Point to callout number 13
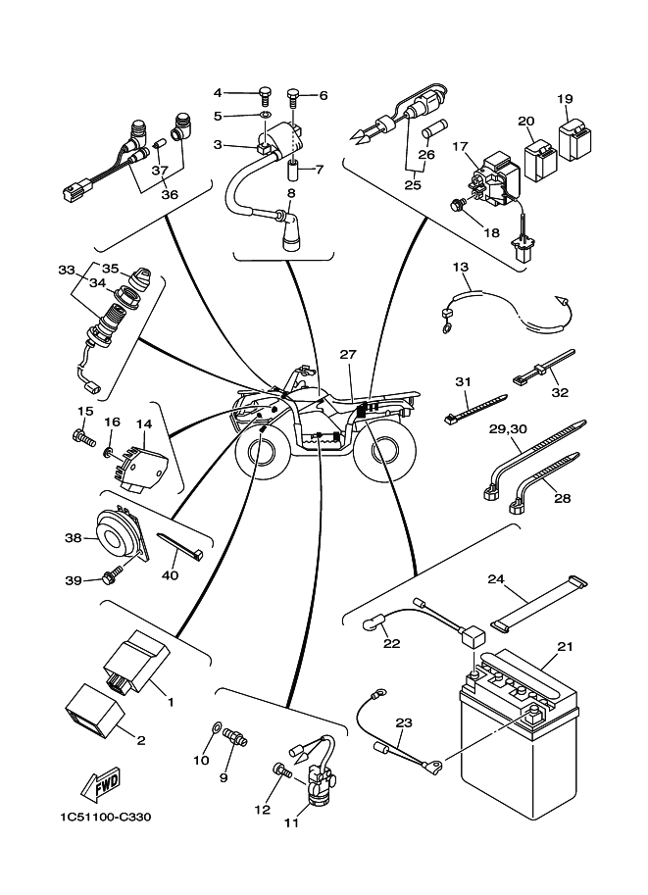pyautogui.click(x=461, y=267)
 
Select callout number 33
pyautogui.click(x=66, y=270)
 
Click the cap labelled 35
pyautogui.click(x=137, y=277)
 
